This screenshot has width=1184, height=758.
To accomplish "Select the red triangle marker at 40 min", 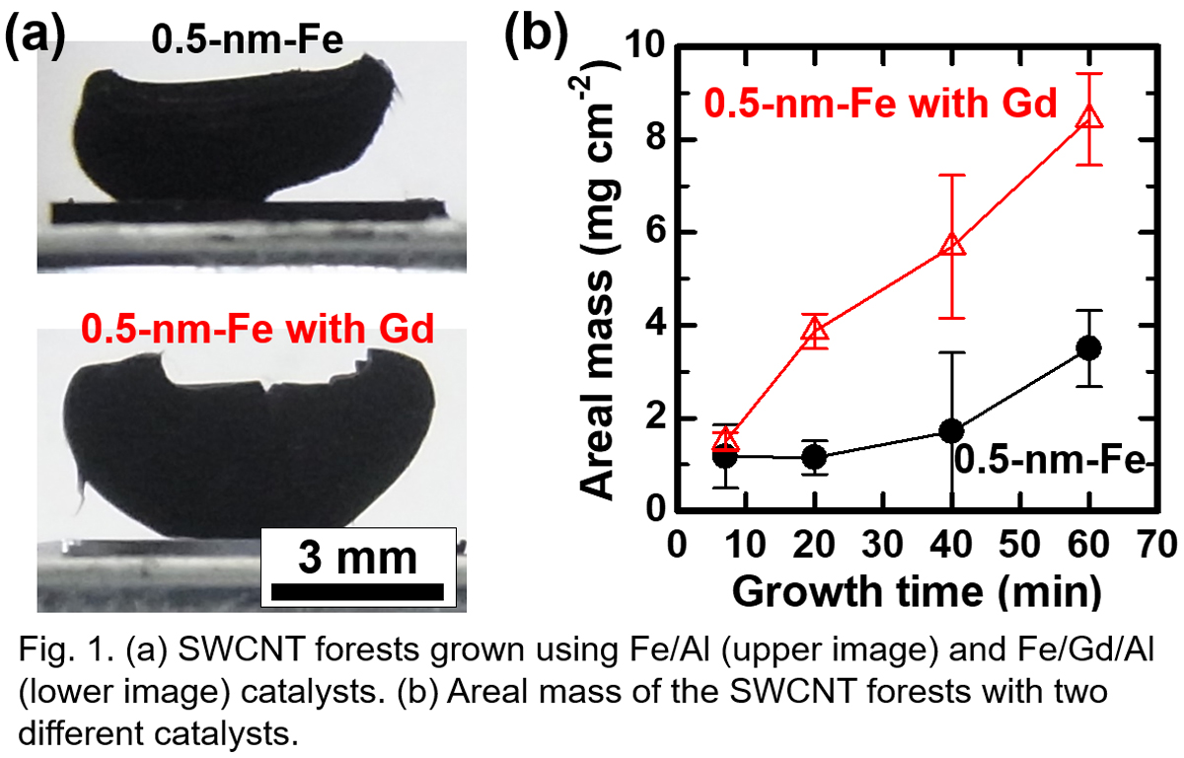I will tap(952, 244).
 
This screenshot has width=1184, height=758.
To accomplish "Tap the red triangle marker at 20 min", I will tap(814, 332).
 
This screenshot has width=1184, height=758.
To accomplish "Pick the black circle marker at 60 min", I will tap(1089, 347).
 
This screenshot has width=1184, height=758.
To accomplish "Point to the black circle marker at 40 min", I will tap(952, 431).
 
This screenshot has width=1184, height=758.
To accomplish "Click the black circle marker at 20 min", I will tap(814, 457).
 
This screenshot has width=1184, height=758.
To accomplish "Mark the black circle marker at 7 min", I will tap(725, 456).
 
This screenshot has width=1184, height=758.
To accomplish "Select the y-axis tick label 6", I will tap(654, 233).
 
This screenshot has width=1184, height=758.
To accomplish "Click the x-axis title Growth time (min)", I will tap(916, 589).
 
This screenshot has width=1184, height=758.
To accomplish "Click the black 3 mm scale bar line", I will tap(357, 591).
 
